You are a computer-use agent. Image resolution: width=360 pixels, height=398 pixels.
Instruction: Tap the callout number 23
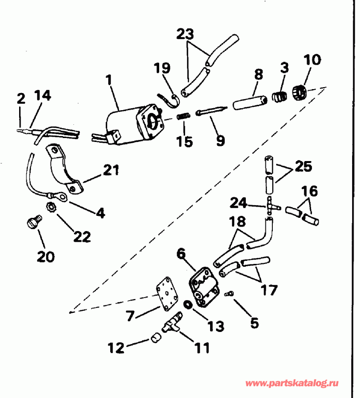(x=185, y=34)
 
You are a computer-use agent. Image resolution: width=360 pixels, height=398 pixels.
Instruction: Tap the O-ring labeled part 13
(x=187, y=305)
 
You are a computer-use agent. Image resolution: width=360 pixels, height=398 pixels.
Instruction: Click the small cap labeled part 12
(x=155, y=338)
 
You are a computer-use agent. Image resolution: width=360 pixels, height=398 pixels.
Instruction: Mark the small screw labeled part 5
(x=230, y=294)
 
